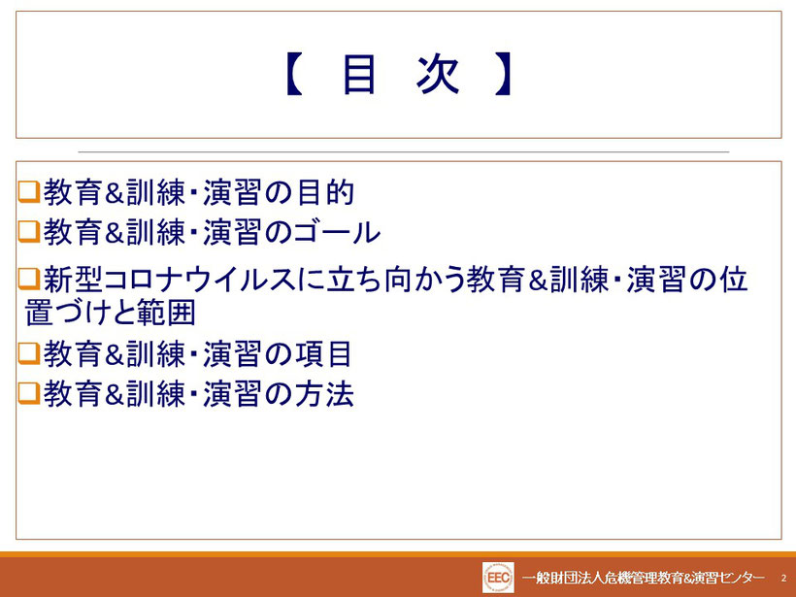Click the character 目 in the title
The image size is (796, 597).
click(x=359, y=75)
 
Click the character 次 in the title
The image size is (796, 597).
click(x=438, y=75)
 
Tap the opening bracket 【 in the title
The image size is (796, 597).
click(x=294, y=75)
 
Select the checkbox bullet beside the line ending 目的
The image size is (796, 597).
click(x=29, y=192)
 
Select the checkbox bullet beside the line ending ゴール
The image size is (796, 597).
click(x=29, y=232)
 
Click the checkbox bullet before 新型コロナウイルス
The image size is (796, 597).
click(x=29, y=280)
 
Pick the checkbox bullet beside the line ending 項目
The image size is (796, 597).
click(x=29, y=353)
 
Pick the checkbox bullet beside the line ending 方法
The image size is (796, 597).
click(x=29, y=393)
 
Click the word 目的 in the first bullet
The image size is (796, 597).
click(x=325, y=192)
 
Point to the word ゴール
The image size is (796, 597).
click(x=336, y=233)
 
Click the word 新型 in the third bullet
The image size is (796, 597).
click(x=73, y=280)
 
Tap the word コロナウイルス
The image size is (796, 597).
click(x=200, y=280)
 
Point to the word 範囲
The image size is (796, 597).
click(x=166, y=313)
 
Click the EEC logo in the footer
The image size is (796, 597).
click(x=498, y=578)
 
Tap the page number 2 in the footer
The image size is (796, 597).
click(x=783, y=578)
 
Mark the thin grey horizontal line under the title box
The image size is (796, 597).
click(x=404, y=151)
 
